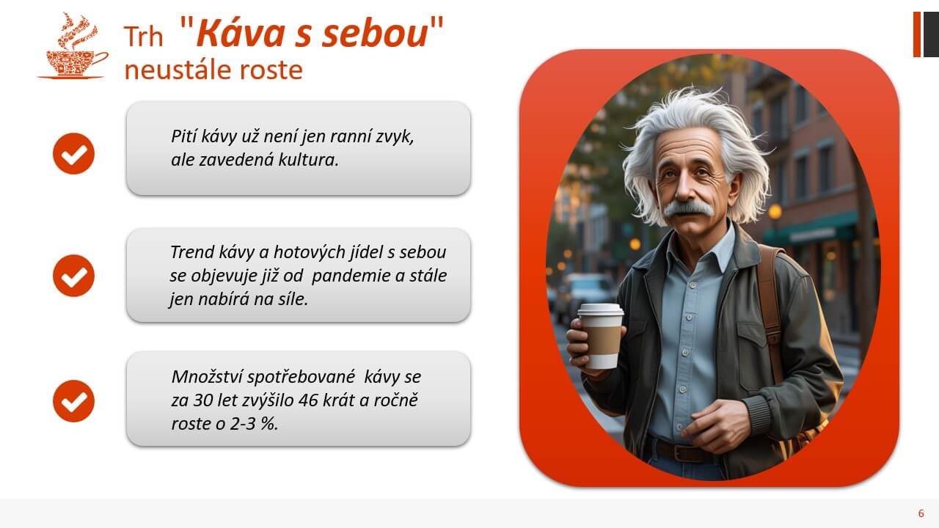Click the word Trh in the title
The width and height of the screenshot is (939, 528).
click(x=143, y=37)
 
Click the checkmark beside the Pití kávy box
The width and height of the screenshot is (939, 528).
click(x=73, y=153)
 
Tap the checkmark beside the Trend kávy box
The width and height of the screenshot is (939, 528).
click(x=73, y=276)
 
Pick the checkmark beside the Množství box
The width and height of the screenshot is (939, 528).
click(x=73, y=401)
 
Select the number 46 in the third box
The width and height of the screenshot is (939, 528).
click(x=313, y=400)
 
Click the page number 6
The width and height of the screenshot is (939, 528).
click(x=921, y=513)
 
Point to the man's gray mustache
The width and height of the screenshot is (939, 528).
click(x=687, y=208)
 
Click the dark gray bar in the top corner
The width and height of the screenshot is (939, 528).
click(x=930, y=34)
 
